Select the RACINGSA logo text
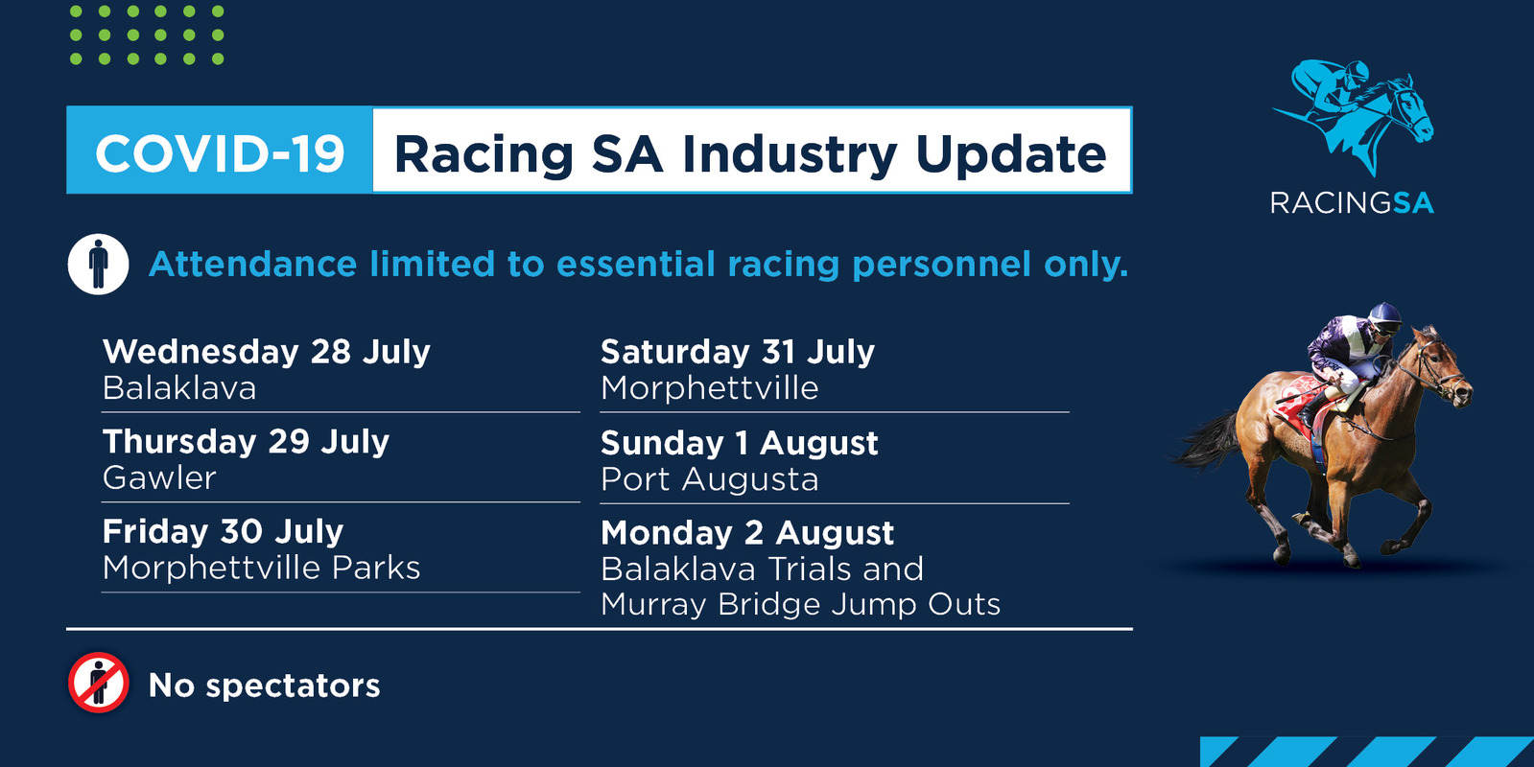pyautogui.click(x=1352, y=203)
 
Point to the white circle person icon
pyautogui.click(x=98, y=264)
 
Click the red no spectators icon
pyautogui.click(x=98, y=683)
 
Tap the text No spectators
pyautogui.click(x=265, y=686)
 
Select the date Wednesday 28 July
pyautogui.click(x=267, y=352)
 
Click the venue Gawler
pyautogui.click(x=159, y=477)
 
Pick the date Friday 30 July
pyautogui.click(x=224, y=532)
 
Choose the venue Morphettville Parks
pyautogui.click(x=262, y=568)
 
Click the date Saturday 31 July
pyautogui.click(x=738, y=352)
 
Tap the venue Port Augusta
pyautogui.click(x=710, y=479)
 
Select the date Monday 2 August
pyautogui.click(x=747, y=533)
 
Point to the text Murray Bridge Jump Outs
pyautogui.click(x=800, y=604)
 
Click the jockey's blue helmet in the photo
pyautogui.click(x=1384, y=314)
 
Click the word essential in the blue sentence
pyautogui.click(x=635, y=264)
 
